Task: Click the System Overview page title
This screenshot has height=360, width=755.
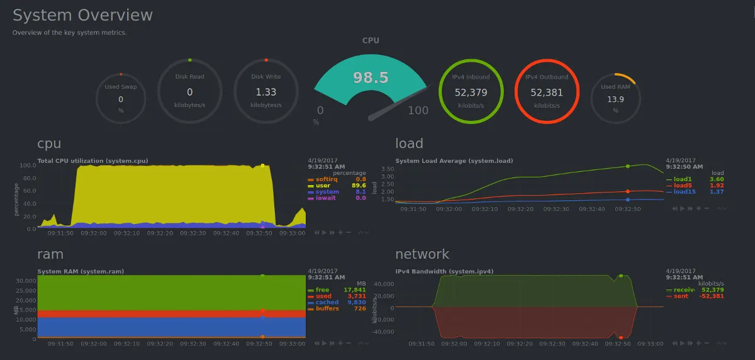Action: (82, 15)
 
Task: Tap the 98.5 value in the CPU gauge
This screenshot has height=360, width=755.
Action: (371, 78)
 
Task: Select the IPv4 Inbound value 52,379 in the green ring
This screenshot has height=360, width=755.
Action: (471, 92)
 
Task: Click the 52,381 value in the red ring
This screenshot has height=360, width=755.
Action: (546, 92)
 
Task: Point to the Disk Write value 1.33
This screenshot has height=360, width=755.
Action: (266, 92)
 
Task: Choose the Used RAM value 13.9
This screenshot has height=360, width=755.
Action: (615, 99)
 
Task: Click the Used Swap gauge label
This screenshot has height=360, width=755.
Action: (121, 87)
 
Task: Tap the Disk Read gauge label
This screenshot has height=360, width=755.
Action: (189, 77)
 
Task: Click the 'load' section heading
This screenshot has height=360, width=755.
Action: (409, 143)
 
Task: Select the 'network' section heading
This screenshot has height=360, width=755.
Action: (422, 254)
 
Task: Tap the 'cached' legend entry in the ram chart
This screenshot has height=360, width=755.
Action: (327, 302)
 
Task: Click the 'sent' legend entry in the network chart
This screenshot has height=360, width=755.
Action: (681, 296)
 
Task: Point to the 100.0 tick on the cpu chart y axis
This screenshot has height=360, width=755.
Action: (27, 166)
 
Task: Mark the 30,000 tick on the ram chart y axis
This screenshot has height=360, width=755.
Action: (25, 281)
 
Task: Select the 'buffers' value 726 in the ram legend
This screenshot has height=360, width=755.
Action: (359, 308)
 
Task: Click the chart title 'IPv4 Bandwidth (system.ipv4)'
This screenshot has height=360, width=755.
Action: (444, 272)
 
